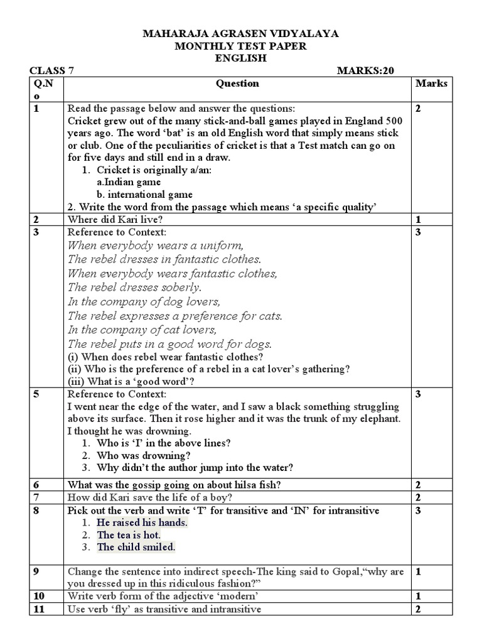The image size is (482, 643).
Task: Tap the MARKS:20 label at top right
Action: pyautogui.click(x=365, y=70)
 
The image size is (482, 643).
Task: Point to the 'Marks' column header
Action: pyautogui.click(x=431, y=83)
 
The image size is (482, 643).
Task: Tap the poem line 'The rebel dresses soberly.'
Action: pyautogui.click(x=134, y=287)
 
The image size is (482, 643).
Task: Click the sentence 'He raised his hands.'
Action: pyautogui.click(x=142, y=522)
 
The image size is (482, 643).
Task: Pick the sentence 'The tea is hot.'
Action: pyautogui.click(x=129, y=535)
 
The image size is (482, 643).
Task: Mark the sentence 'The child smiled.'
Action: pyautogui.click(x=136, y=547)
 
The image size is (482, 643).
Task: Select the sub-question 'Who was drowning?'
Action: pyautogui.click(x=144, y=455)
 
